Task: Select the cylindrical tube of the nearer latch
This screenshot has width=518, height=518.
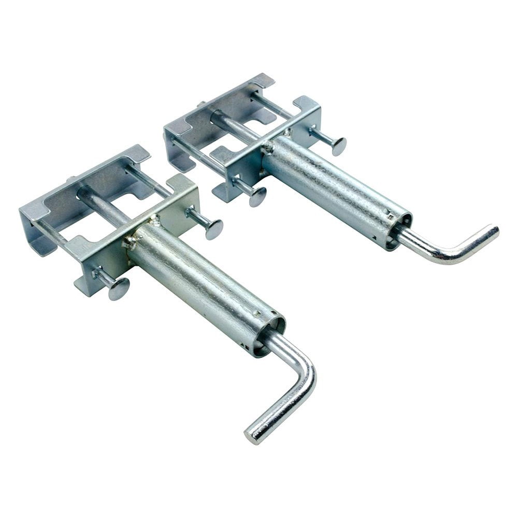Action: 207,285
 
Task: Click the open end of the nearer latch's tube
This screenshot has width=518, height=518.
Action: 270,337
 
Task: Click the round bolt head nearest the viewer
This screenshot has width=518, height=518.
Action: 119,289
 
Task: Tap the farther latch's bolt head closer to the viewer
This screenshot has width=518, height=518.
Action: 257,196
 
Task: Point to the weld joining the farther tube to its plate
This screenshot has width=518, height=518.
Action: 269,148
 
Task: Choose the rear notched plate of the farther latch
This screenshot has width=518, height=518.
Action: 218,109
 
